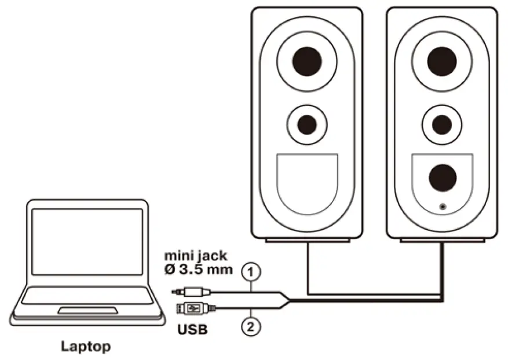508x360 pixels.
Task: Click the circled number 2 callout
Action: point(250,326)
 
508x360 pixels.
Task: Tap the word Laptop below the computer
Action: point(86,347)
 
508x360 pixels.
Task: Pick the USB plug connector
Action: point(193,307)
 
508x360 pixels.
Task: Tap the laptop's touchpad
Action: point(86,311)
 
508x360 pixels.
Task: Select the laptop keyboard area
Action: point(86,296)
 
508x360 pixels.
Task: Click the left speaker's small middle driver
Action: point(306,124)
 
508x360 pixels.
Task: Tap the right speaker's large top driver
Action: point(442,61)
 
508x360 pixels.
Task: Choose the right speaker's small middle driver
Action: point(442,124)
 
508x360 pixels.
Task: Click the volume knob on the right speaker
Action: point(443,178)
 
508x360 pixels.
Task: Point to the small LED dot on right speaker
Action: point(443,205)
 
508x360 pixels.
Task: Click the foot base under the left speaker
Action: point(307,240)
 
